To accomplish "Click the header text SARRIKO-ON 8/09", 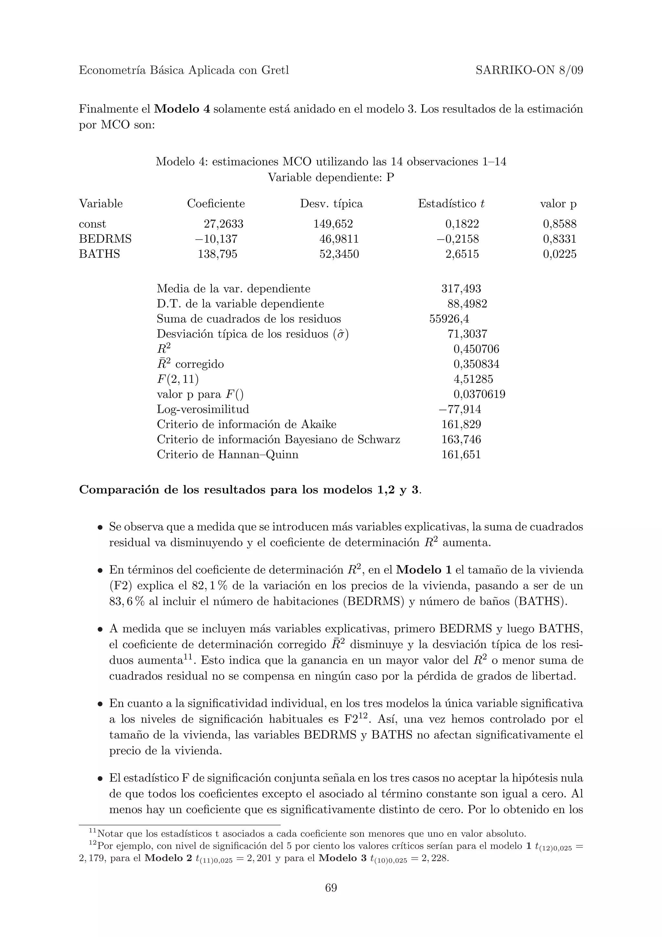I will point(529,70).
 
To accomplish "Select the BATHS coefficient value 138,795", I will point(218,254).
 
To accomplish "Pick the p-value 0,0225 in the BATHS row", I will point(559,254).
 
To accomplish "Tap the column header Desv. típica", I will point(331,204).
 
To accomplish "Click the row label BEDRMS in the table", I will point(105,239).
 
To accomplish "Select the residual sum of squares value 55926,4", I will point(449,319).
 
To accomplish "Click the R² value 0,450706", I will point(476,349).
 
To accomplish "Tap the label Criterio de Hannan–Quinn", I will point(228,455).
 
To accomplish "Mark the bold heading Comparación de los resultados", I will point(249,490).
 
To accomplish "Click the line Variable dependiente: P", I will point(331,178).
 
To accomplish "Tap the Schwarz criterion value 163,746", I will point(461,439).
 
